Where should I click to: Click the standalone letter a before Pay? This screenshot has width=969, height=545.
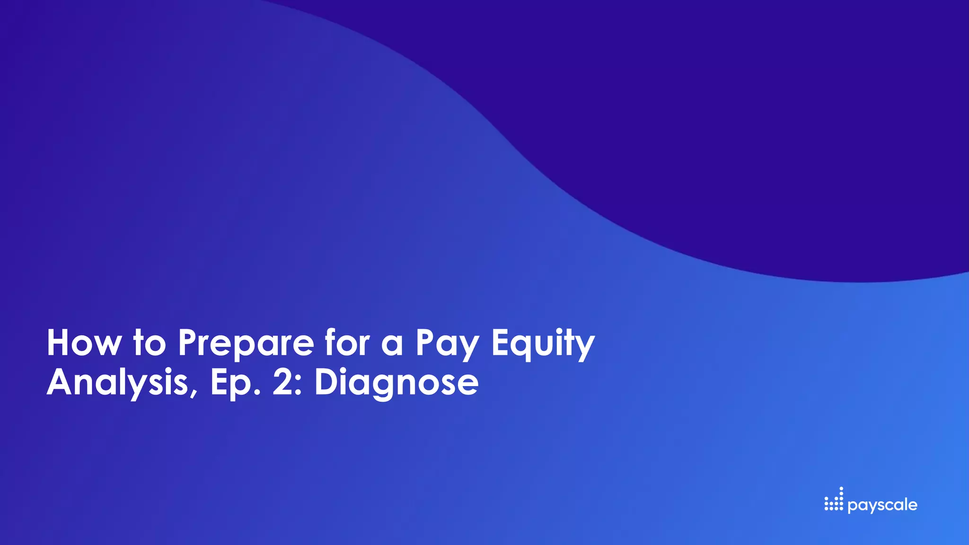(x=392, y=345)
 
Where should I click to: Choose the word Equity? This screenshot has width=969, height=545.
(x=543, y=344)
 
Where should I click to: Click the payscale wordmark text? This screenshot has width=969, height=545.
(x=882, y=505)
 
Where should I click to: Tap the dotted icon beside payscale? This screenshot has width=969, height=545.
(x=834, y=500)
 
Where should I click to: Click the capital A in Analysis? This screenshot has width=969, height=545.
(x=62, y=382)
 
